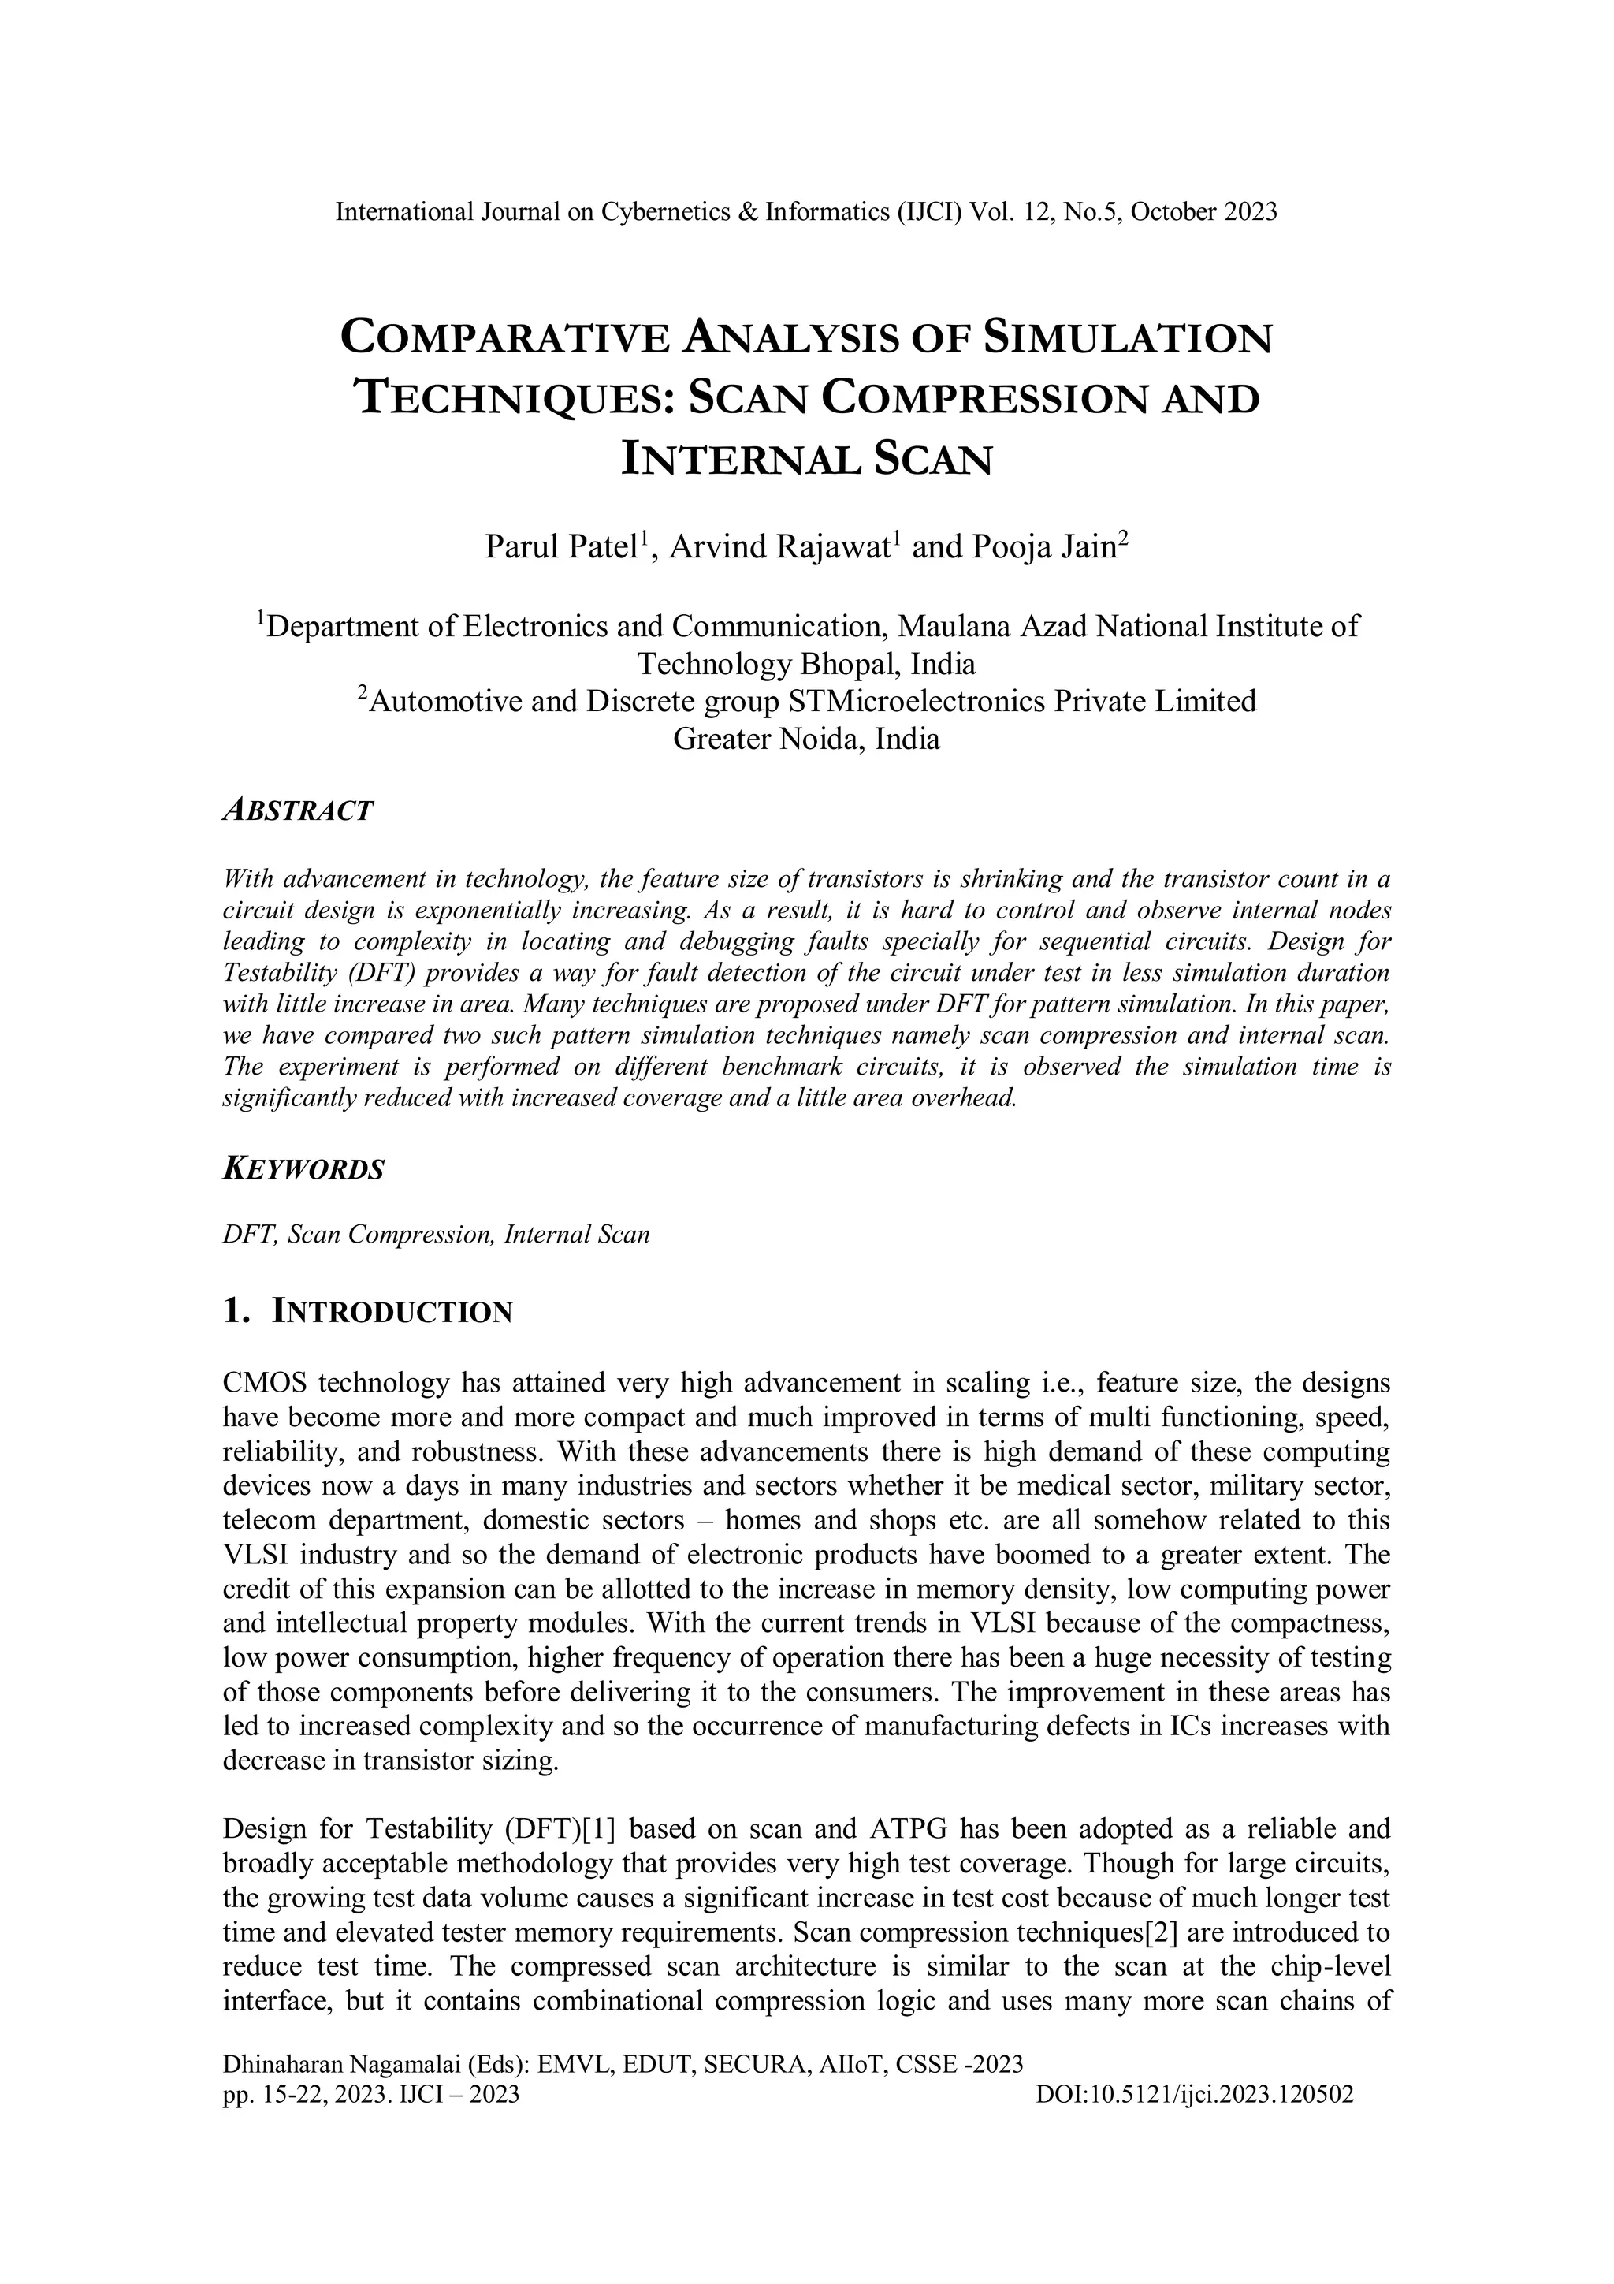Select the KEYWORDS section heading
(303, 1169)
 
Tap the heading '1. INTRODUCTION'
(368, 1312)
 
